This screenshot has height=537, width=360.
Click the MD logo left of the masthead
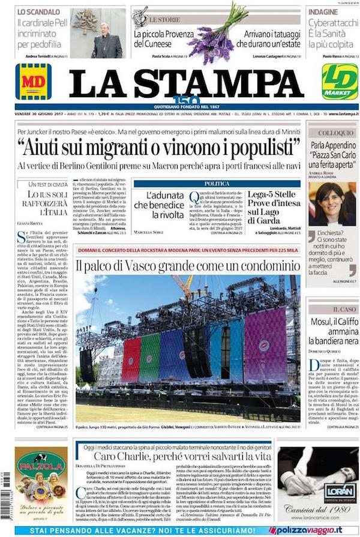[x=34, y=82]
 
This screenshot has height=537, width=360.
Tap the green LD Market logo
[x=340, y=82]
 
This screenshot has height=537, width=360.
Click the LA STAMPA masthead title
[x=186, y=83]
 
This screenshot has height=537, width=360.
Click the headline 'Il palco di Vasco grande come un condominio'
[x=188, y=264]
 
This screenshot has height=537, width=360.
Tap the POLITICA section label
[x=217, y=183]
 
